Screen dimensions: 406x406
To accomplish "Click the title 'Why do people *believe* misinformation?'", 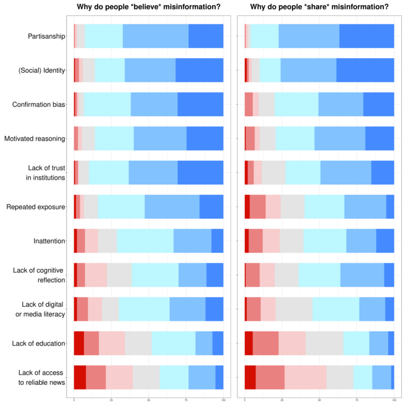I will click(148, 7).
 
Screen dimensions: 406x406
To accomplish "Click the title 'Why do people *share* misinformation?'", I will click(319, 7).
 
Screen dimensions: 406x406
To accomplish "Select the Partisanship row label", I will click(47, 36).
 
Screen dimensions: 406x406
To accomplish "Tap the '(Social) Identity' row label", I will click(42, 70).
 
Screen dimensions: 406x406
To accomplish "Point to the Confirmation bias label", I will click(39, 105).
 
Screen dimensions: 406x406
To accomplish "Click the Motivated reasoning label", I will click(35, 139).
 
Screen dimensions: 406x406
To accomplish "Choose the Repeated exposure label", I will click(36, 207).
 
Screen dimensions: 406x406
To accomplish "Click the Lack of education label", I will click(39, 344).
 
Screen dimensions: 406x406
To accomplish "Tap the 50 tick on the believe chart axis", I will click(149, 400).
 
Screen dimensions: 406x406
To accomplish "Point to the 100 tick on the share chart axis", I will click(394, 400).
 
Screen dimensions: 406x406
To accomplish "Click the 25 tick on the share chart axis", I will click(282, 400).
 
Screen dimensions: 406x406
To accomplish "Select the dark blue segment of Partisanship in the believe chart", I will click(206, 36).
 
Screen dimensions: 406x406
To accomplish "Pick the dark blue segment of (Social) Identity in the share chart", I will click(365, 70).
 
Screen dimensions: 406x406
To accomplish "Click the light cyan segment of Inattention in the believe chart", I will click(145, 241).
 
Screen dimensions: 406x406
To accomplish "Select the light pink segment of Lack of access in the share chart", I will click(305, 377).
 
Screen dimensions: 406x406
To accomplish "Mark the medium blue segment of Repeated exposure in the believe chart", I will click(172, 207).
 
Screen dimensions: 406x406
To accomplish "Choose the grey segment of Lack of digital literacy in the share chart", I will click(294, 309).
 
